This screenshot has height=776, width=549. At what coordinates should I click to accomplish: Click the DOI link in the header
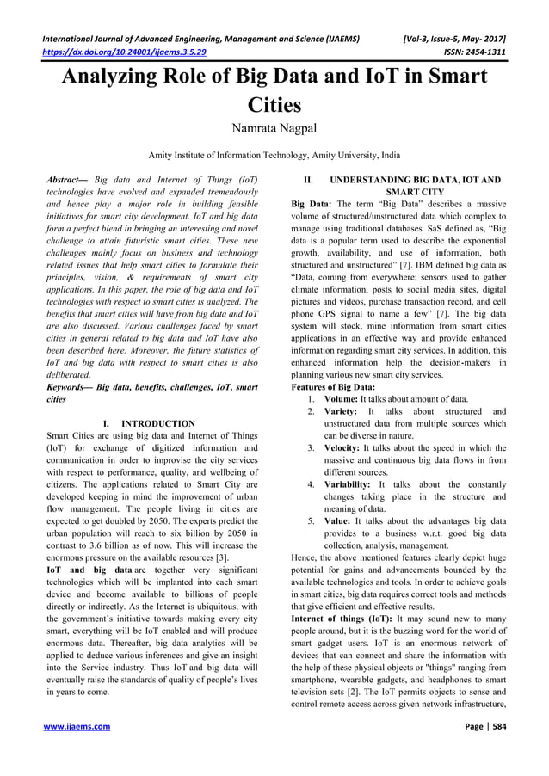[126, 51]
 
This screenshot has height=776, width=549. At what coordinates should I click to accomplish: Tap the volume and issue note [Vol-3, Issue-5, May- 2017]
[455, 37]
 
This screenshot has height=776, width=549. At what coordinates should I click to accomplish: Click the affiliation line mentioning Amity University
[274, 156]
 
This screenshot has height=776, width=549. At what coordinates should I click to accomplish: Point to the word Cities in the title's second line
[274, 107]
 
